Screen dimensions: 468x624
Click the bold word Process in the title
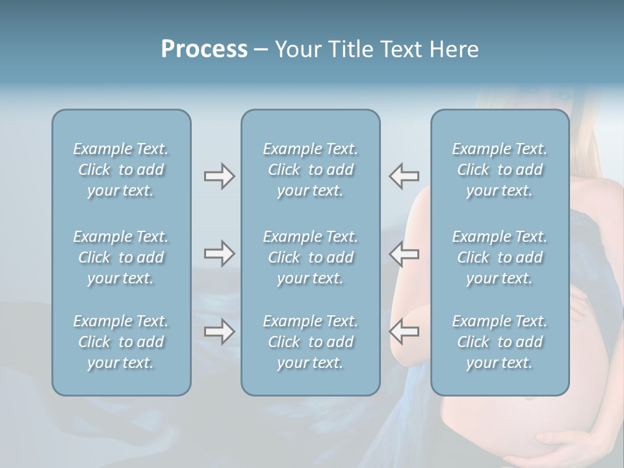pyautogui.click(x=204, y=49)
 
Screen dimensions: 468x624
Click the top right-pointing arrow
pyautogui.click(x=219, y=176)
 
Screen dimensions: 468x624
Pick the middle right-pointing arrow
pyautogui.click(x=219, y=253)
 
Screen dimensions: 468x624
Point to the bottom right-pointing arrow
pyautogui.click(x=219, y=331)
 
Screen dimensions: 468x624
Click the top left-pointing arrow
pyautogui.click(x=404, y=176)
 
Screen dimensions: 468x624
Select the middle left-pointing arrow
pyautogui.click(x=404, y=253)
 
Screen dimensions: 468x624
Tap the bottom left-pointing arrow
pyautogui.click(x=404, y=331)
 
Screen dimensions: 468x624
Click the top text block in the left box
pyautogui.click(x=121, y=170)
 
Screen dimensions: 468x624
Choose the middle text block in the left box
pyautogui.click(x=121, y=257)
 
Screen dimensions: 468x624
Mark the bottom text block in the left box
pyautogui.click(x=121, y=342)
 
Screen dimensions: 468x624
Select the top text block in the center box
pyautogui.click(x=311, y=170)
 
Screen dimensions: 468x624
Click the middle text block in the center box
pyautogui.click(x=311, y=257)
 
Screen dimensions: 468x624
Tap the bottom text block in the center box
pyautogui.click(x=311, y=342)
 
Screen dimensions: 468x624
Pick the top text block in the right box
pyautogui.click(x=500, y=170)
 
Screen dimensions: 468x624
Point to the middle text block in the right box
pyautogui.click(x=500, y=257)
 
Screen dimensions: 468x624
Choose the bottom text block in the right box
pyautogui.click(x=500, y=342)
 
